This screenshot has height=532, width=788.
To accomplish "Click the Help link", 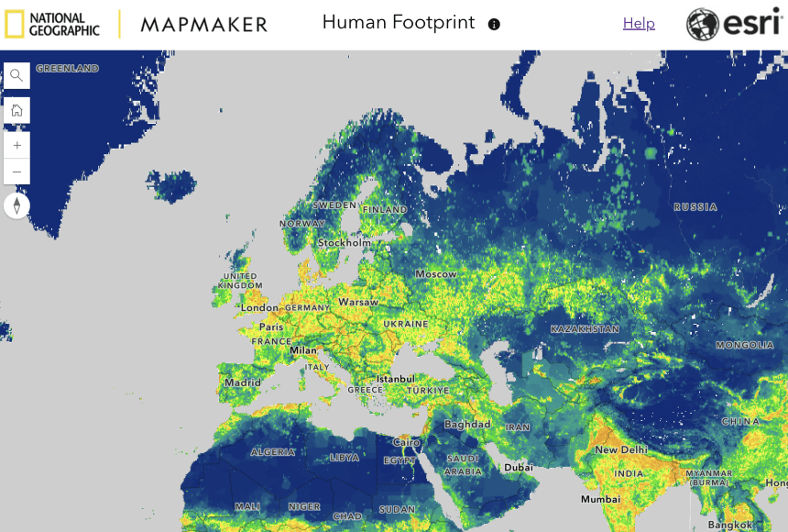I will point(639,24).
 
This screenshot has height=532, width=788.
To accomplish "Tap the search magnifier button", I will point(16,75).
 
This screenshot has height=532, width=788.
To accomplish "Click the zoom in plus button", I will point(16,145).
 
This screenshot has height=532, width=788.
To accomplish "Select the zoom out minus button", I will point(16,172).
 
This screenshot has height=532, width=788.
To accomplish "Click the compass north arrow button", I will point(16,205).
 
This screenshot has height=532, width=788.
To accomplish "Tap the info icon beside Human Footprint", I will point(494,25).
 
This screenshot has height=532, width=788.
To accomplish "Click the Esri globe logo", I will point(704,25).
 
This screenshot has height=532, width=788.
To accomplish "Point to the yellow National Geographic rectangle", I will point(15,24).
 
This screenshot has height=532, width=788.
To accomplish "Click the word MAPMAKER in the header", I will point(204,25).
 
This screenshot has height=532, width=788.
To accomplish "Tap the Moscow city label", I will point(435,274).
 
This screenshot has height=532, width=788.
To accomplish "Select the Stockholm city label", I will point(345,243).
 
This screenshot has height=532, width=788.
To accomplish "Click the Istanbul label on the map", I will point(395,378).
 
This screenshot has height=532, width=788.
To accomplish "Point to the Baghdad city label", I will point(467,425).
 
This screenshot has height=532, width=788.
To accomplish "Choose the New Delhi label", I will point(621,450).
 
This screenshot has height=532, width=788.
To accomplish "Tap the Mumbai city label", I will point(601,500).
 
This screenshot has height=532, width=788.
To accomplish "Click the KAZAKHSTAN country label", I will point(585,328).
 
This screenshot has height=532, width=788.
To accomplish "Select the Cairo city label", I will point(406,442).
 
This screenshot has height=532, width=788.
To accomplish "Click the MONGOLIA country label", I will point(745,346).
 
